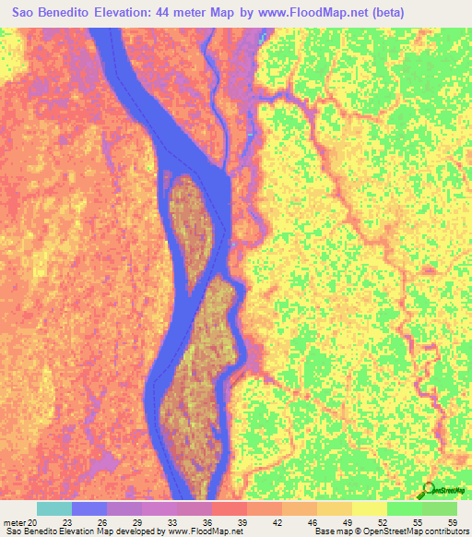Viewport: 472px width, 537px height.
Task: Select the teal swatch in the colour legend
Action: (x=54, y=507)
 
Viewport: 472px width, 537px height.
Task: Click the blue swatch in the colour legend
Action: (x=89, y=507)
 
